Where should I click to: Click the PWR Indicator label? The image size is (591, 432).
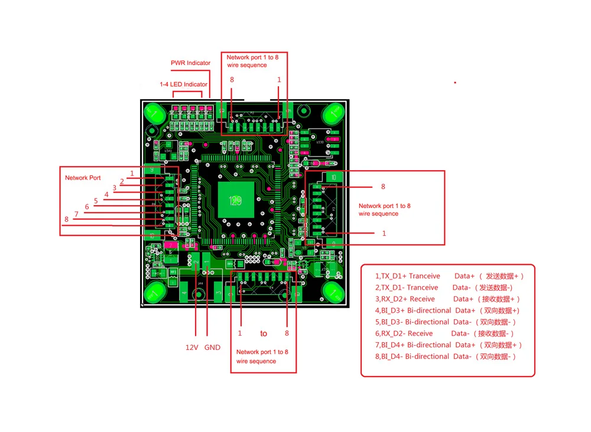190,63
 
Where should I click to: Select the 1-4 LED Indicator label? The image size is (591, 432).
183,85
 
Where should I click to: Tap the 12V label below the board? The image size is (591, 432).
191,347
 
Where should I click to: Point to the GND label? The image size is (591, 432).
212,347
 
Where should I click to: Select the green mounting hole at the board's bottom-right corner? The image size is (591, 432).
333,292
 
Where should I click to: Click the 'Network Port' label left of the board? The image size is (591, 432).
83,178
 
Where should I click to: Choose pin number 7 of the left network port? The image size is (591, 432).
76,214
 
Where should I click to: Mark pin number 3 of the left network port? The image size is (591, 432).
115,188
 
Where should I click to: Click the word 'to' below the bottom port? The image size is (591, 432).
264,333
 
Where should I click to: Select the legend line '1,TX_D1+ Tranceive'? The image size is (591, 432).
408,276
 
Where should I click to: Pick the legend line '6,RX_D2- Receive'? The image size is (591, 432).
404,333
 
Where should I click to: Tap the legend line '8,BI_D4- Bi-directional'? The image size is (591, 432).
412,356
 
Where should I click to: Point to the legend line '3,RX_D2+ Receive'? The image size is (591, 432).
405,299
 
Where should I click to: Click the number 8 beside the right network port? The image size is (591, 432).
383,187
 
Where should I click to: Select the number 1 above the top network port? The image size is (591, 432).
279,79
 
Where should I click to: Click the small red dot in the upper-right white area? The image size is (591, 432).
454,83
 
